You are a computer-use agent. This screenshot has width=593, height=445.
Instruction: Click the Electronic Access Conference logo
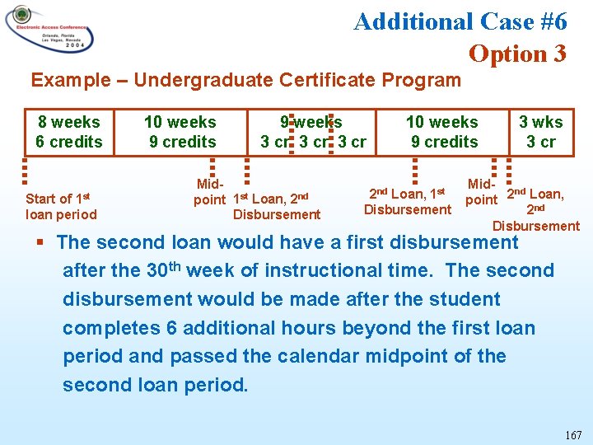pyautogui.click(x=49, y=30)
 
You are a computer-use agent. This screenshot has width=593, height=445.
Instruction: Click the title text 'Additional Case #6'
pyautogui.click(x=460, y=21)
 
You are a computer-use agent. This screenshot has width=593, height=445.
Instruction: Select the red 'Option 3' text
pyautogui.click(x=517, y=54)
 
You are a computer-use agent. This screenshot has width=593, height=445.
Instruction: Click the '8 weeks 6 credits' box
pyautogui.click(x=69, y=132)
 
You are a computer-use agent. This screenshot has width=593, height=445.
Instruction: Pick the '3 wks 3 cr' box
pyautogui.click(x=540, y=132)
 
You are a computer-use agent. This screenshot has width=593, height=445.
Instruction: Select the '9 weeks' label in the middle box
pyautogui.click(x=311, y=122)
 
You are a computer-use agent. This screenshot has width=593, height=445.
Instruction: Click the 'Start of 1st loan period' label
pyautogui.click(x=61, y=206)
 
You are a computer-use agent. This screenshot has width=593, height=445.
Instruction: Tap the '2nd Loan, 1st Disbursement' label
pyautogui.click(x=407, y=201)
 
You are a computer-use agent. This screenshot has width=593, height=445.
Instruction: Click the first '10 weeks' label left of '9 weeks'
pyautogui.click(x=180, y=122)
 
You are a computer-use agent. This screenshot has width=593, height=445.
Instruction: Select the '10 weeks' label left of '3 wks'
pyautogui.click(x=441, y=122)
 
